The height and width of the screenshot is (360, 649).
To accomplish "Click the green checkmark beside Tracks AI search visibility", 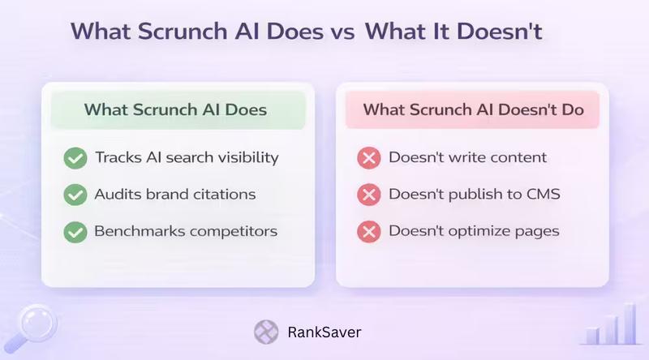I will click(x=75, y=158).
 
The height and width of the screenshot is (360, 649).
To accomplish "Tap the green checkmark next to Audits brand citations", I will click(x=75, y=195).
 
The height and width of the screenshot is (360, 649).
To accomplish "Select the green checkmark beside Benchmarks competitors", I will click(x=75, y=232).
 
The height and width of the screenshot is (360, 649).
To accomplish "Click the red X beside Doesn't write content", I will click(x=369, y=158).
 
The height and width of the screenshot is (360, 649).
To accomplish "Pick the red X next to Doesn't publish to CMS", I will click(x=369, y=195).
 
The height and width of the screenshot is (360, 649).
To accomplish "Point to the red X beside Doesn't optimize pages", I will click(x=369, y=232).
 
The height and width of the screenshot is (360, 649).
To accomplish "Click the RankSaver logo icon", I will click(x=265, y=332).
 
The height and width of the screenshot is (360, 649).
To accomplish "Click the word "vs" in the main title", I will click(x=338, y=32).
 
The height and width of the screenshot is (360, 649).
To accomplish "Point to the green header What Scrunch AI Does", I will click(x=176, y=109).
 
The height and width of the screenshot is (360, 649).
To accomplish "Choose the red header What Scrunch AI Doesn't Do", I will click(x=473, y=109).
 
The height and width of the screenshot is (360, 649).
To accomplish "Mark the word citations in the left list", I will click(x=227, y=195).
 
